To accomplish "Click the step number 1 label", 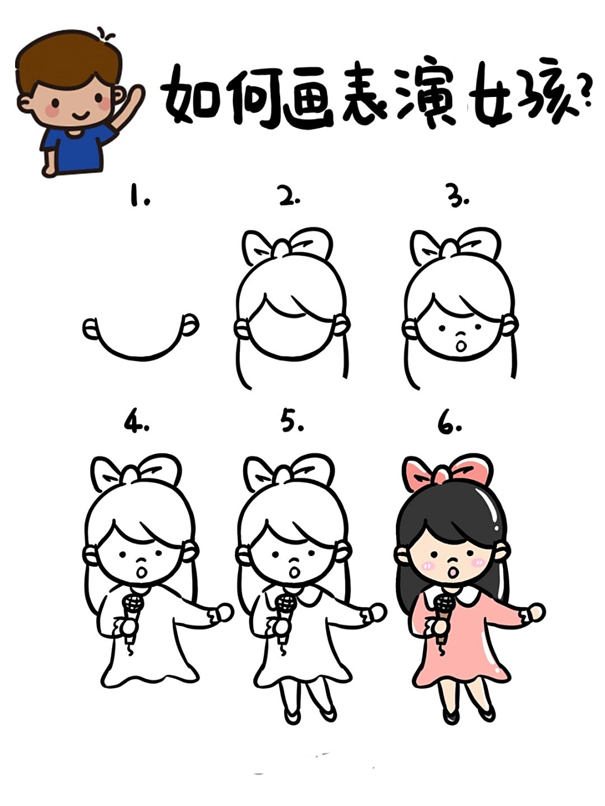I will [140, 196].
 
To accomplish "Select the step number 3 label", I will [458, 198].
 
